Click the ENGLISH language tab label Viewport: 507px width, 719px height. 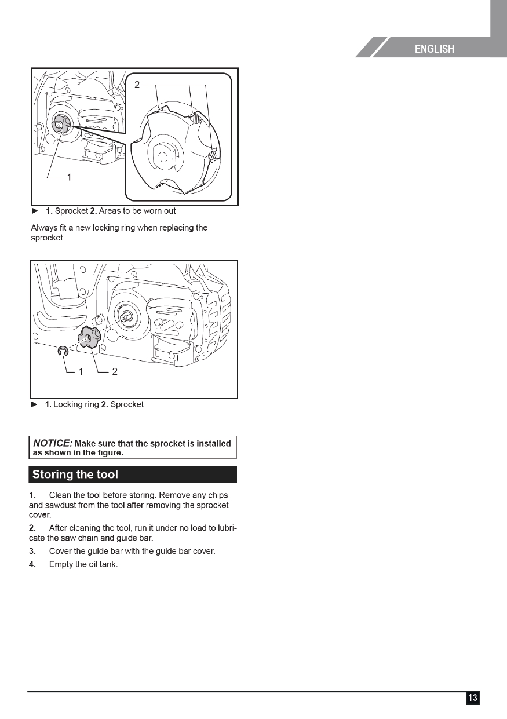434,49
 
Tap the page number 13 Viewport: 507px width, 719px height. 473,698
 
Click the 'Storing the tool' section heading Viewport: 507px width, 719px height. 75,475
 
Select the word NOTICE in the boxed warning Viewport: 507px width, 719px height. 52,443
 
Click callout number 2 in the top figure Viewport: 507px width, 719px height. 137,85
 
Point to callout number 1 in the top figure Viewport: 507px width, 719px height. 69,178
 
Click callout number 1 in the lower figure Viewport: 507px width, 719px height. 81,372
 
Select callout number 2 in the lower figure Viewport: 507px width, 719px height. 115,372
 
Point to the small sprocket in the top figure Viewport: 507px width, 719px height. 60,124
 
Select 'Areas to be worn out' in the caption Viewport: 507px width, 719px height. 137,211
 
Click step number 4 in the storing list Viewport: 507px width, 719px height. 32,564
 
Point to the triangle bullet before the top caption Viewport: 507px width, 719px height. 35,211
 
